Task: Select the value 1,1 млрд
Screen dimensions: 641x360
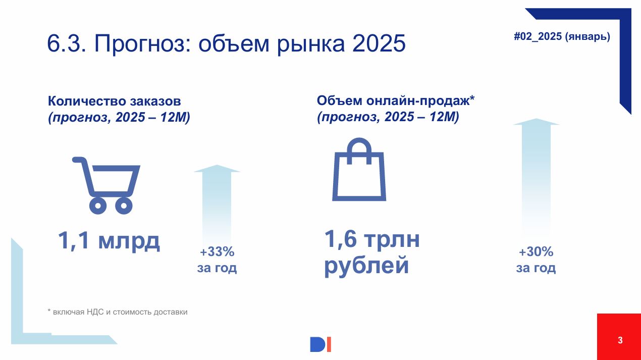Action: [x=109, y=241]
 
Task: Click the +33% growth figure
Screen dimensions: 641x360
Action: [x=217, y=252]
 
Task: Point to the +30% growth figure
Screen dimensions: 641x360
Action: [x=536, y=252]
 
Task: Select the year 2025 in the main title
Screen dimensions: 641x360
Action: [x=379, y=43]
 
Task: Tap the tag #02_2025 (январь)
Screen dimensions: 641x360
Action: [x=562, y=37]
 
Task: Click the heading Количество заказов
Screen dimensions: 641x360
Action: [x=115, y=101]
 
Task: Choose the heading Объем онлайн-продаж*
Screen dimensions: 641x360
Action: [x=396, y=100]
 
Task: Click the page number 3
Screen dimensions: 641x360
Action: [x=620, y=340]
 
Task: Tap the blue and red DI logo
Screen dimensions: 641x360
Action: [x=320, y=344]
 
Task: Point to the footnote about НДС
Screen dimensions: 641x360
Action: [x=117, y=312]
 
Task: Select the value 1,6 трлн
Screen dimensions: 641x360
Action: [x=372, y=239]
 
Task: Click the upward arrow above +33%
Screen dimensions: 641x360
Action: [x=217, y=204]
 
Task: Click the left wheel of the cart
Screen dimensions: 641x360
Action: [x=98, y=205]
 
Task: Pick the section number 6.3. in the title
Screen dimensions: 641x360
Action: [x=67, y=43]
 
